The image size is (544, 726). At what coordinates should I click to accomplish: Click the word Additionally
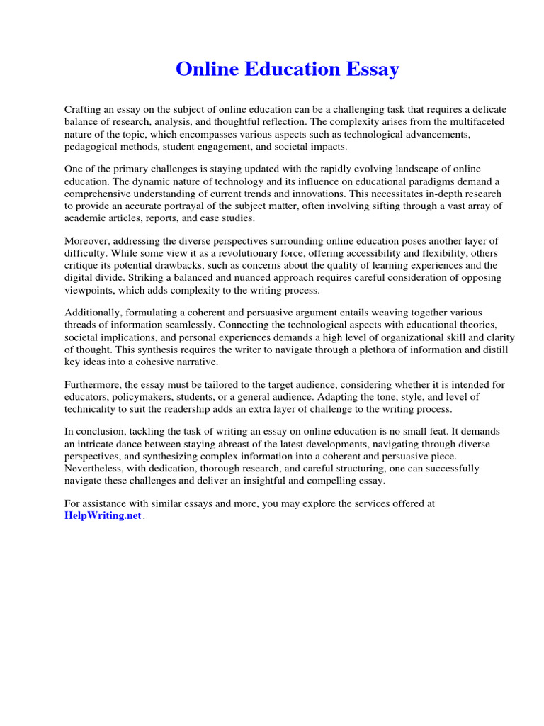pyautogui.click(x=93, y=313)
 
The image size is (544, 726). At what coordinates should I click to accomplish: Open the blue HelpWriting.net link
pyautogui.click(x=103, y=515)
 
